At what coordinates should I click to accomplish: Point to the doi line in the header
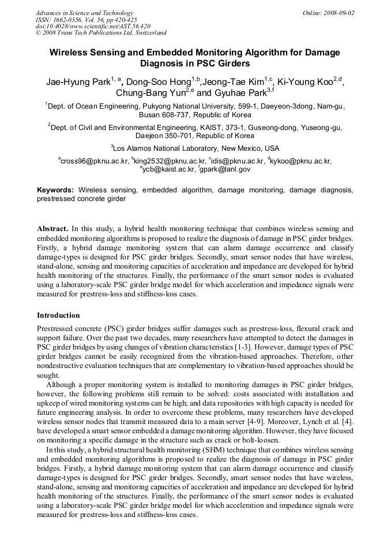pos(92,26)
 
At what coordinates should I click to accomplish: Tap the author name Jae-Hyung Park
pos(78,82)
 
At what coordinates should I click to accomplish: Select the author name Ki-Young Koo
pos(304,82)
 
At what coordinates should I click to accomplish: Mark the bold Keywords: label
pos(55,189)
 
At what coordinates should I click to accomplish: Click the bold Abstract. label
pos(53,229)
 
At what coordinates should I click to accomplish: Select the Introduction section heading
pos(58,315)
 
